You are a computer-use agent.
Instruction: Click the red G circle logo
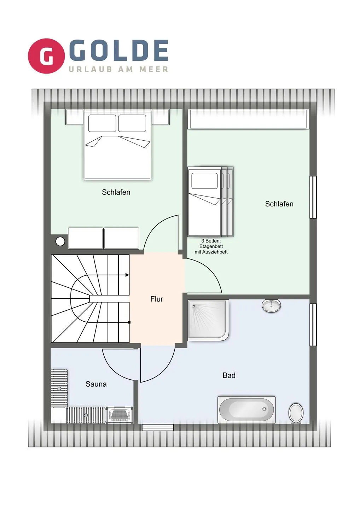(x=46, y=56)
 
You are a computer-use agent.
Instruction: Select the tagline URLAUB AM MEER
(x=118, y=69)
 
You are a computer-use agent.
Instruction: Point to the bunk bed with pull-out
(x=210, y=201)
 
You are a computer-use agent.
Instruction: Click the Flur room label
(x=157, y=299)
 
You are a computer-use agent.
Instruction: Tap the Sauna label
(x=96, y=384)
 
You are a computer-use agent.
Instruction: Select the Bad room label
(x=229, y=375)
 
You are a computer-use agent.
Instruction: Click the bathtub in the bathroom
(x=246, y=410)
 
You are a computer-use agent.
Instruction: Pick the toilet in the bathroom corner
(x=296, y=413)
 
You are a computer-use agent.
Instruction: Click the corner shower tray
(x=208, y=320)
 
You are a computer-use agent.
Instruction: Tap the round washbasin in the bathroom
(x=271, y=305)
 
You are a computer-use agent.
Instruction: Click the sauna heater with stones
(x=120, y=415)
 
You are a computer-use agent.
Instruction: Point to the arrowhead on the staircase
(x=127, y=275)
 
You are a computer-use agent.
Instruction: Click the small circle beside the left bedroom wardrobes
(x=60, y=241)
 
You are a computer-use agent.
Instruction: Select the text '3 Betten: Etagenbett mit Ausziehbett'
(x=211, y=246)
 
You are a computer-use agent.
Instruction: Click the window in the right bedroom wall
(x=313, y=197)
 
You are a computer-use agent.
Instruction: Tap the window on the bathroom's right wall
(x=313, y=324)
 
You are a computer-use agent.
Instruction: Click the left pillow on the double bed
(x=102, y=123)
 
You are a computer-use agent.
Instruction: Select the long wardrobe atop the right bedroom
(x=248, y=119)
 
